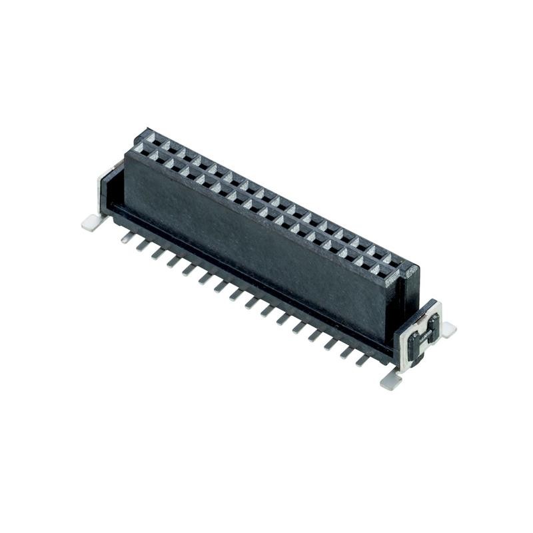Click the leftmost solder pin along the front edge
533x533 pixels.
coord(127,237)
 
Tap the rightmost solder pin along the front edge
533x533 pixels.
coord(362,360)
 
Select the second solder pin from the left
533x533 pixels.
coord(143,245)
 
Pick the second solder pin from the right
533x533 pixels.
coord(347,351)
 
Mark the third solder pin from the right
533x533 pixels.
coord(331,343)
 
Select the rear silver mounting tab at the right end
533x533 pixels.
coord(448,328)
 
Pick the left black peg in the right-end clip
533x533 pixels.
coord(414,344)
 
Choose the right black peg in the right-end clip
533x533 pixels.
coord(432,327)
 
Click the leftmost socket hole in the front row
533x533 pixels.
coord(139,154)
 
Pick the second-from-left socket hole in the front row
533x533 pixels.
coord(155,161)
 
